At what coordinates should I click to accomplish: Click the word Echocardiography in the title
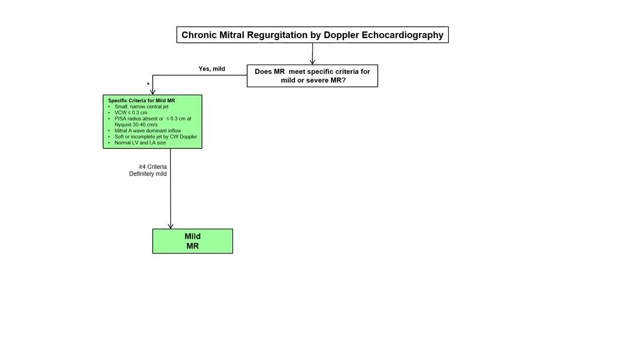pyautogui.click(x=402, y=35)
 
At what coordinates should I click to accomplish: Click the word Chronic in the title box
pyautogui.click(x=199, y=35)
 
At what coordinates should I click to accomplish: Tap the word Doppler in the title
pyautogui.click(x=341, y=35)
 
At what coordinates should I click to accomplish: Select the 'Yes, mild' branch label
pyautogui.click(x=212, y=69)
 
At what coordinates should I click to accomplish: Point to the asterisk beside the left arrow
pyautogui.click(x=148, y=84)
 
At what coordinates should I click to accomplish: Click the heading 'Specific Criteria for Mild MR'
pyautogui.click(x=142, y=101)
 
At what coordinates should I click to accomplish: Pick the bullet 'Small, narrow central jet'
pyautogui.click(x=142, y=107)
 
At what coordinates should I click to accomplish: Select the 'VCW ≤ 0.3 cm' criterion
pyautogui.click(x=131, y=113)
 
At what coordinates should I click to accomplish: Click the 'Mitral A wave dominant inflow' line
pyautogui.click(x=148, y=131)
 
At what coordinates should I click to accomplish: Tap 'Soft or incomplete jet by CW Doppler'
pyautogui.click(x=156, y=137)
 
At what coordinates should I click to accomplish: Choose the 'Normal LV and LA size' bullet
pyautogui.click(x=140, y=143)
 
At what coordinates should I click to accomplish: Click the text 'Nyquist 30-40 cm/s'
pyautogui.click(x=136, y=125)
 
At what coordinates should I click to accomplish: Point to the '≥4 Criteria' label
pyautogui.click(x=153, y=167)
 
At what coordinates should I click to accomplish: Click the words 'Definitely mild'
pyautogui.click(x=148, y=174)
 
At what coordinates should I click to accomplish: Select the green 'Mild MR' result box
pyautogui.click(x=192, y=241)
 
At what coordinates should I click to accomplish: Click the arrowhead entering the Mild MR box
pyautogui.click(x=170, y=226)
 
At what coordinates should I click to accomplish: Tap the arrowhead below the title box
pyautogui.click(x=312, y=62)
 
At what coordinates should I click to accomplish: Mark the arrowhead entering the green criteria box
pyautogui.click(x=153, y=92)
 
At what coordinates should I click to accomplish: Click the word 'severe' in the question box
pyautogui.click(x=317, y=80)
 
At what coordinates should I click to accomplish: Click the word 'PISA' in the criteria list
pyautogui.click(x=120, y=119)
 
